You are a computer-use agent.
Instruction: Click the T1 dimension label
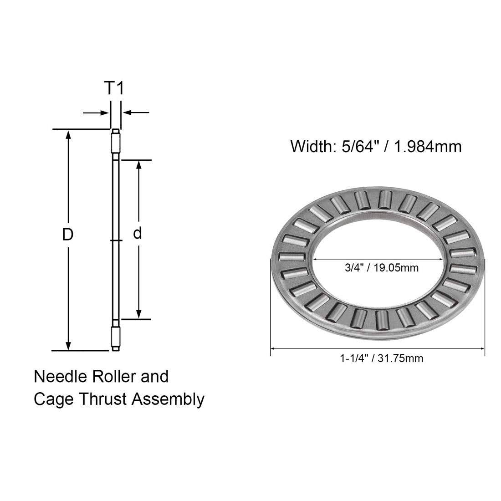[114, 88]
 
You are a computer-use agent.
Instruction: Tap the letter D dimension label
[68, 235]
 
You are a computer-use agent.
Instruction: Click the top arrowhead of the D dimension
[68, 135]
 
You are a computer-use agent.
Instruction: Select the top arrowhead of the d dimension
[138, 166]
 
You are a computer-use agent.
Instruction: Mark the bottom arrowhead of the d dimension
[138, 313]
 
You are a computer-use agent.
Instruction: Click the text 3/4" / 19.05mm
[382, 268]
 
